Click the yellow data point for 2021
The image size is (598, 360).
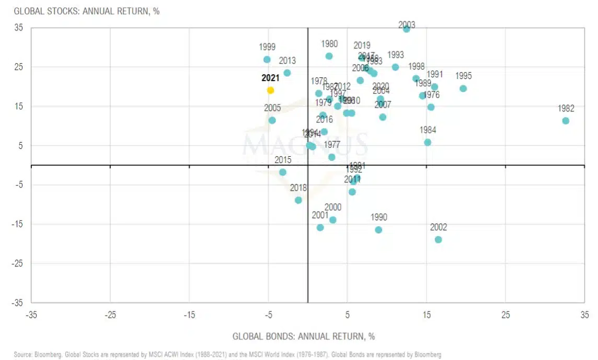pyautogui.click(x=270, y=90)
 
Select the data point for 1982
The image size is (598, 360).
pyautogui.click(x=566, y=121)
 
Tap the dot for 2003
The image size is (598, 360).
pyautogui.click(x=406, y=29)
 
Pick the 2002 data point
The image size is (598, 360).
pyautogui.click(x=438, y=239)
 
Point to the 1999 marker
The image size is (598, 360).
pyautogui.click(x=267, y=60)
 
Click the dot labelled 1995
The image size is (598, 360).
pyautogui.click(x=463, y=88)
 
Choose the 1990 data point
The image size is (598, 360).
pyautogui.click(x=378, y=230)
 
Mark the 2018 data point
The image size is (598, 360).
pyautogui.click(x=298, y=200)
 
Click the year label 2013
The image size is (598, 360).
pyautogui.click(x=287, y=61)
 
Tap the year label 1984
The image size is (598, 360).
pyautogui.click(x=428, y=130)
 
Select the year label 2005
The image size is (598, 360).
pyautogui.click(x=272, y=108)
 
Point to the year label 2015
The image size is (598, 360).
pyautogui.click(x=283, y=160)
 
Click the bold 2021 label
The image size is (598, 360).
pyautogui.click(x=270, y=78)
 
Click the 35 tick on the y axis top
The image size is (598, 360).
pyautogui.click(x=19, y=28)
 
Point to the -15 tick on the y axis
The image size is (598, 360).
pyautogui.click(x=18, y=224)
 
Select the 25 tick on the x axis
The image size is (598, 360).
pyautogui.click(x=505, y=315)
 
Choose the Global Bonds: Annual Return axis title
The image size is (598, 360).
pyautogui.click(x=303, y=336)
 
